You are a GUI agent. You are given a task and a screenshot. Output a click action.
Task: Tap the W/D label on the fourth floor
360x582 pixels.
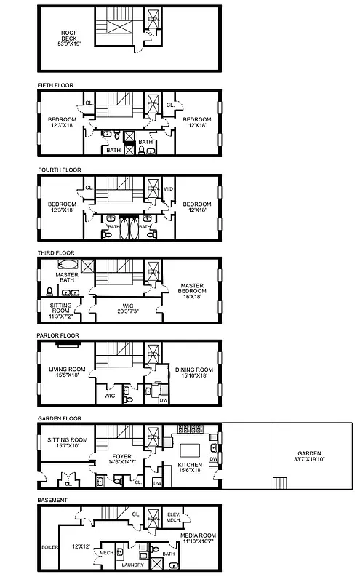pos(169,189)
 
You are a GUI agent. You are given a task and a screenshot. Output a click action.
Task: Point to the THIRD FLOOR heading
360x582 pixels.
pos(55,253)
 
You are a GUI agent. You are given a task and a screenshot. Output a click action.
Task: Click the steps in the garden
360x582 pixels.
pos(278,482)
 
